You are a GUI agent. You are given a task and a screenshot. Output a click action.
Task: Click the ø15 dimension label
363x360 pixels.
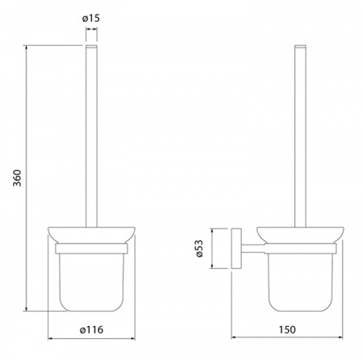[91, 19]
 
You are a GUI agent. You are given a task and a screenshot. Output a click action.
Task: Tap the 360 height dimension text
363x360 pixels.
[17, 178]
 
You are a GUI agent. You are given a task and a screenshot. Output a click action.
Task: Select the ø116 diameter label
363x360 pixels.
[91, 329]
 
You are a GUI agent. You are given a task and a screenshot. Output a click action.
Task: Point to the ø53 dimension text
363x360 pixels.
[199, 249]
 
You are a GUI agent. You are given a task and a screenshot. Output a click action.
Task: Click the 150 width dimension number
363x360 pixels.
[287, 329]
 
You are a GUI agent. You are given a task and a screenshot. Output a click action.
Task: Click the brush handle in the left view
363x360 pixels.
[91, 136]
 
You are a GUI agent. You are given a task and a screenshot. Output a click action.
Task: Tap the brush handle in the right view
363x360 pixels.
[300, 136]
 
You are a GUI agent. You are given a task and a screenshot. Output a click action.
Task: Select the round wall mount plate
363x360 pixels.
[236, 249]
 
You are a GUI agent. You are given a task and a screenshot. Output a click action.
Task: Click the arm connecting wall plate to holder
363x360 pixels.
[252, 249]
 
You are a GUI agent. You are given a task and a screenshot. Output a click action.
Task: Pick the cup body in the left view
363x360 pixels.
[91, 283]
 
